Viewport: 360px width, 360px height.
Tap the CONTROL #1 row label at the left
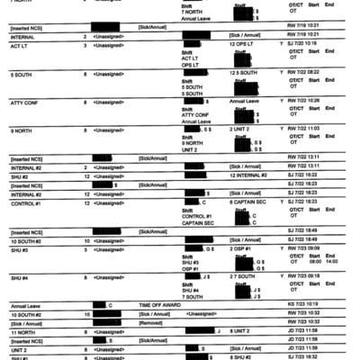point(25,203)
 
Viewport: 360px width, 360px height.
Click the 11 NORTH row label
point(22,331)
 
